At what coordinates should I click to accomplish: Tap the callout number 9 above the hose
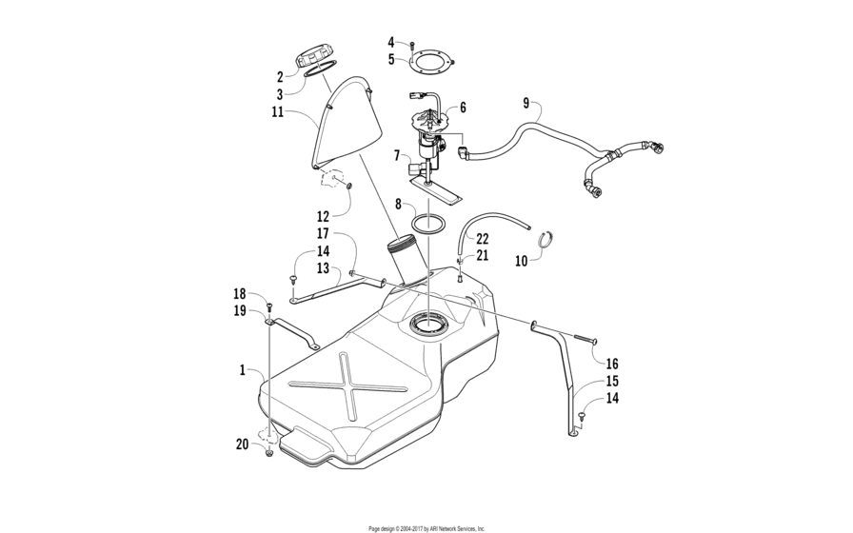526,102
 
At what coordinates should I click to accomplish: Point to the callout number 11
277,112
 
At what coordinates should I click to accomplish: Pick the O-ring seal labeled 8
429,223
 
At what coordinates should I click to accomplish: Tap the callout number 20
242,444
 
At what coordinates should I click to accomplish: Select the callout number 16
612,364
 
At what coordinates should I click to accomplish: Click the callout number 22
482,238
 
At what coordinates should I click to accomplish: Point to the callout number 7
396,154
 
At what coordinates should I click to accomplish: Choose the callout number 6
463,108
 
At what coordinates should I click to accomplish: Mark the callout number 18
240,294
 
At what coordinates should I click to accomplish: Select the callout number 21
482,256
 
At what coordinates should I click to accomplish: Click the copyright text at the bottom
427,527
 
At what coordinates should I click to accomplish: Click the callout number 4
390,42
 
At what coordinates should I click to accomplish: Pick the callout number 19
240,310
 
